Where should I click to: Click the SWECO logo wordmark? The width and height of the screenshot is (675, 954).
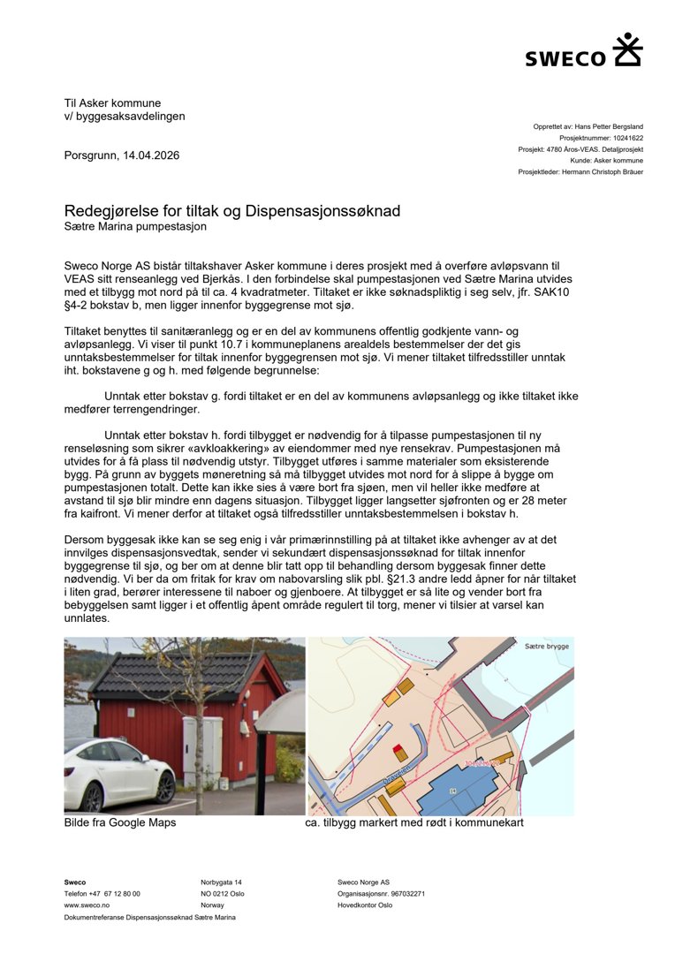coord(565,58)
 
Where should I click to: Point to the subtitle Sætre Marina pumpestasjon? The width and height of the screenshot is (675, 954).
coord(135,226)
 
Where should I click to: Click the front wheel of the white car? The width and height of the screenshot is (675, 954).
coord(163,786)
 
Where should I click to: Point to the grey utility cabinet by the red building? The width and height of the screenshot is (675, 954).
coord(201,750)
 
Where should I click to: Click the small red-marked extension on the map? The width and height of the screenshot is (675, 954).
coord(400,753)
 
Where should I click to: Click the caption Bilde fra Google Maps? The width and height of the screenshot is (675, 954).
coord(120,822)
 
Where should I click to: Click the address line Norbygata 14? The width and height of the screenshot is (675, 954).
coord(221,882)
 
